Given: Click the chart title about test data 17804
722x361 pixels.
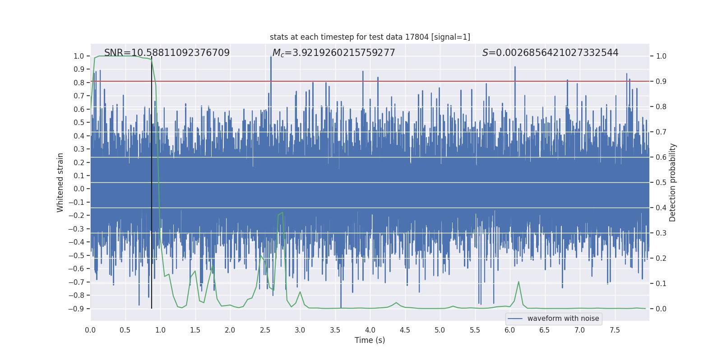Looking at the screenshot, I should point(370,37).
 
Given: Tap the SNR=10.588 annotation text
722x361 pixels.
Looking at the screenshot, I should point(167,53).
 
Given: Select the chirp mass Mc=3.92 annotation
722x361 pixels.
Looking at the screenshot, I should point(333,53).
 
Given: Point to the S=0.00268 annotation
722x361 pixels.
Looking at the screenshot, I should point(550,53).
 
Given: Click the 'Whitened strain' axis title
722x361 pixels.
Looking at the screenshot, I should point(60,182).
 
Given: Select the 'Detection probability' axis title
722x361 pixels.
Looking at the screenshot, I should point(673,182).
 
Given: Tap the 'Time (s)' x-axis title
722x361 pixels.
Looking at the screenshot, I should point(370,340).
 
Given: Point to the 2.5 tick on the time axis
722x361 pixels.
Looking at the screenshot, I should point(265,330).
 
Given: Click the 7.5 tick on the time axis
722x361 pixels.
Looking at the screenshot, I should point(615,330).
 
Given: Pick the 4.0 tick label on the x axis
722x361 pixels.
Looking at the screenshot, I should point(370,330).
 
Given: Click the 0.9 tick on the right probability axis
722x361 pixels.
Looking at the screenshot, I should point(661,82).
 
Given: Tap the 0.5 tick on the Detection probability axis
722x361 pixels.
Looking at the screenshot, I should point(661,183).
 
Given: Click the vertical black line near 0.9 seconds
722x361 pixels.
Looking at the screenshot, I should point(152,180).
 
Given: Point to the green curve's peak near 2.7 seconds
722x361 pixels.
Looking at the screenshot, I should point(282,213).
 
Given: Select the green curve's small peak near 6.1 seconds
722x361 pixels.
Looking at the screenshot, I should point(518,282).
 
